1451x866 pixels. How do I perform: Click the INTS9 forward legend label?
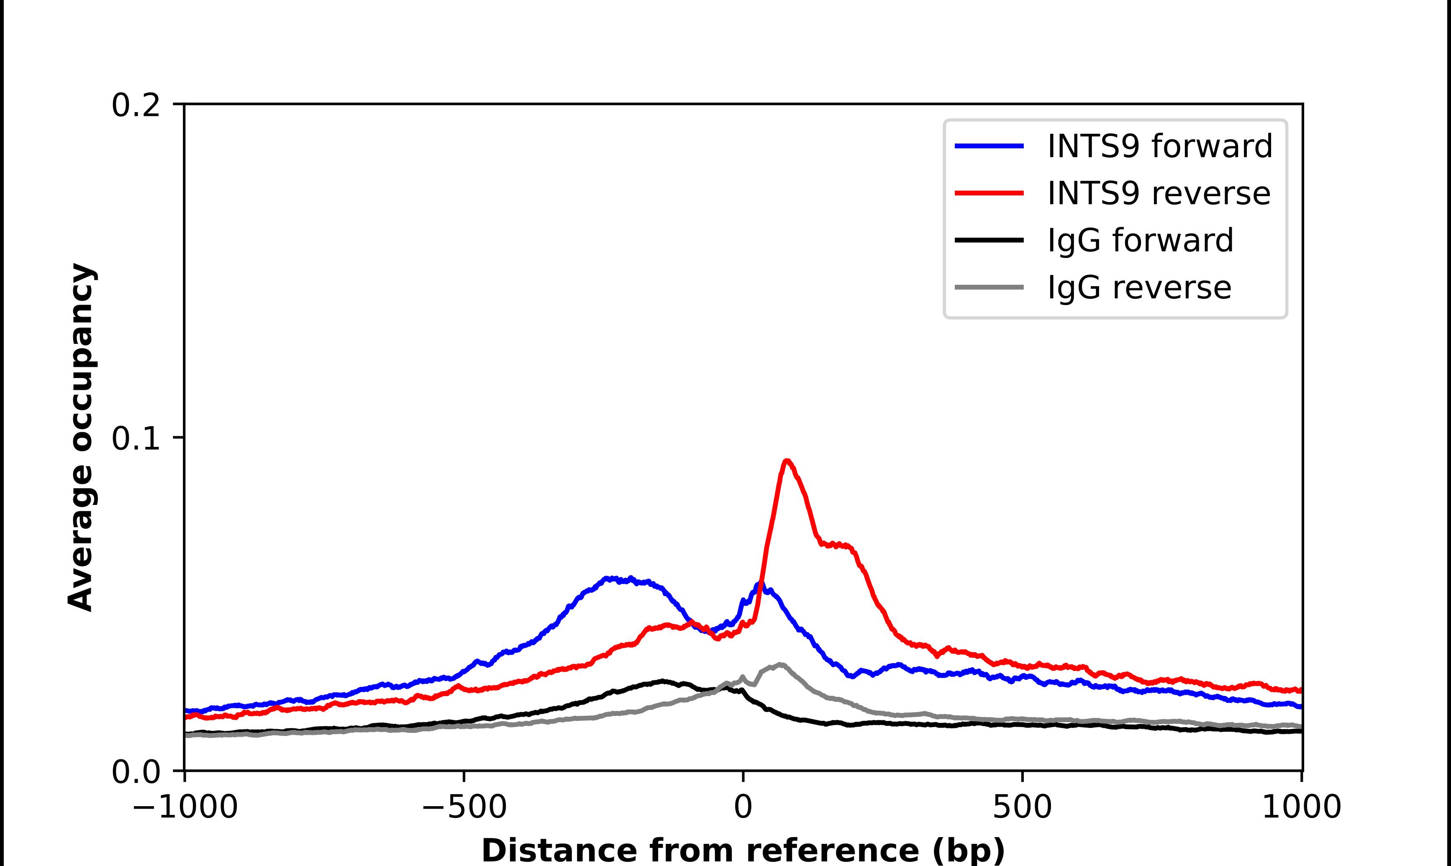(x=1159, y=146)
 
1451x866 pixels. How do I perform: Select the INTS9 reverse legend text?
(x=1159, y=193)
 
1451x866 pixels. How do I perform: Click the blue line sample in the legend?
(x=989, y=146)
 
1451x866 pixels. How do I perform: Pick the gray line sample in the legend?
(x=989, y=287)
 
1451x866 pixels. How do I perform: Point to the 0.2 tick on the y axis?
(x=136, y=105)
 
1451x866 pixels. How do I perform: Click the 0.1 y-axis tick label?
(x=136, y=439)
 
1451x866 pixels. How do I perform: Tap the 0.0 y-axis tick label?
(x=136, y=772)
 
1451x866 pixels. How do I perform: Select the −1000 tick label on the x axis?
(x=185, y=808)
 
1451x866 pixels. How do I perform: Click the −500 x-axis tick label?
(x=464, y=808)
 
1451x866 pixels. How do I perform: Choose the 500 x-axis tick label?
(x=1022, y=808)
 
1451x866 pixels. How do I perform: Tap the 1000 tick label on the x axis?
(x=1301, y=808)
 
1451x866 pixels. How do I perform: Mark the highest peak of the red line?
(x=787, y=461)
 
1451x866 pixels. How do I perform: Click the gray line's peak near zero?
(x=780, y=665)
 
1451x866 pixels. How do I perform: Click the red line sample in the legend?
(x=989, y=193)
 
